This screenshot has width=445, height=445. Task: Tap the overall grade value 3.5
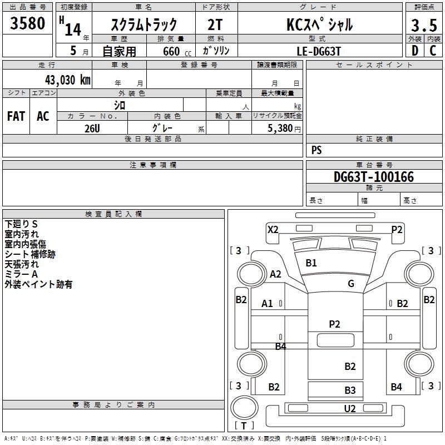coord(423,26)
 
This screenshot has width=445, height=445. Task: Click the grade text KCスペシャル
coord(319,24)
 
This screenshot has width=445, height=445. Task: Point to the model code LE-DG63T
coord(319,51)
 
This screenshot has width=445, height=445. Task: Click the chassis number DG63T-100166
coord(374,177)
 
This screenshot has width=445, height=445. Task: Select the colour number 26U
coord(92,127)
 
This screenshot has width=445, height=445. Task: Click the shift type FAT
coord(16,116)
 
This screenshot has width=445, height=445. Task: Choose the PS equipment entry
coord(317,150)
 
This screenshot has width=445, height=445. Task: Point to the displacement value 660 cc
coord(171,51)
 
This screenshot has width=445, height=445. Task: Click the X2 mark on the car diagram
coord(273,229)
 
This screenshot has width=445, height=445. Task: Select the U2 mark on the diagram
coord(350,409)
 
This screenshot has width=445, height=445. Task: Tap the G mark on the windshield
coord(351,284)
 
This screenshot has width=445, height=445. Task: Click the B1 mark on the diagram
coord(311,263)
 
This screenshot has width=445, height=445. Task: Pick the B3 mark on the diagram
coord(350,390)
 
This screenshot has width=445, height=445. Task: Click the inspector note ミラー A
coord(21,274)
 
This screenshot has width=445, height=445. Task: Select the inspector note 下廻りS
coord(21,224)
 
